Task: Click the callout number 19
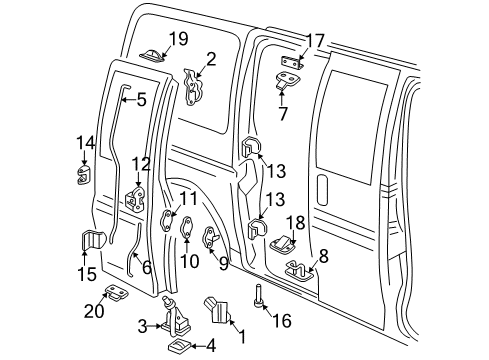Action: [x=177, y=39]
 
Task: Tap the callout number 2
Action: [x=211, y=58]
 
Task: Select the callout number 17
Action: [x=315, y=41]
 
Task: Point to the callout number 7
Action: [x=283, y=113]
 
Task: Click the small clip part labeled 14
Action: [x=85, y=177]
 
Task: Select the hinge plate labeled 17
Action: [x=290, y=62]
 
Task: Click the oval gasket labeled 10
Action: [x=187, y=234]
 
